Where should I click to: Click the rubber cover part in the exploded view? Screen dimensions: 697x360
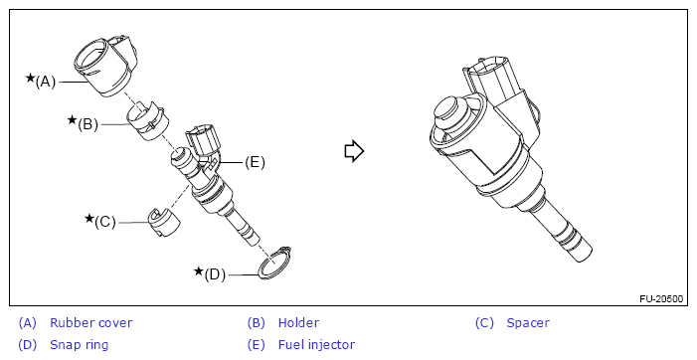[x=106, y=67]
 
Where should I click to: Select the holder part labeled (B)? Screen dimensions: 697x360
[x=146, y=120]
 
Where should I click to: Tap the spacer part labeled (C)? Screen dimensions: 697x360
[x=164, y=222]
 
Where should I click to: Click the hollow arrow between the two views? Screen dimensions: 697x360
[x=354, y=151]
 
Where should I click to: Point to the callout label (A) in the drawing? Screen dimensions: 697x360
[x=46, y=82]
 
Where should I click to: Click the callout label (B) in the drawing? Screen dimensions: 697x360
[x=87, y=124]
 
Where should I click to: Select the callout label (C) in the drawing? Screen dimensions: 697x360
[x=105, y=222]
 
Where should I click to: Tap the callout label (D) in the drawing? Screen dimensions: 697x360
[x=215, y=274]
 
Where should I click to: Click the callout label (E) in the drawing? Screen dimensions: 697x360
[x=255, y=162]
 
